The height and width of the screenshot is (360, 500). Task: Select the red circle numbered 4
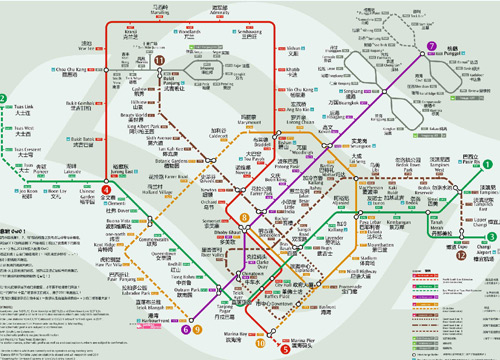pyautogui.click(x=107, y=189)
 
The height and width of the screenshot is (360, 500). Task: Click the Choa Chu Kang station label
pyautogui.click(x=68, y=71)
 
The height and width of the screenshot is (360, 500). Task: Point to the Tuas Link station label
pyautogui.click(x=23, y=109)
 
